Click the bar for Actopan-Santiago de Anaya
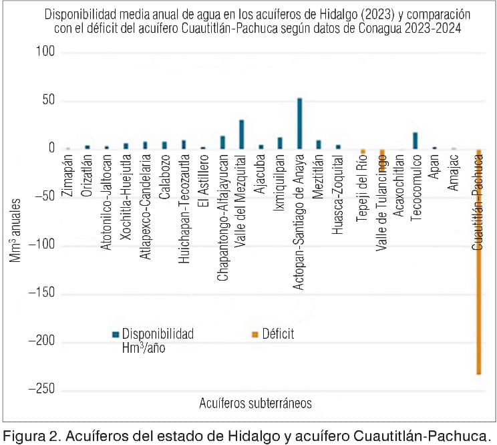299,124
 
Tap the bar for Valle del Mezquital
242,134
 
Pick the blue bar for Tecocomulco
415,141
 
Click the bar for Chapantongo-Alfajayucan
222,142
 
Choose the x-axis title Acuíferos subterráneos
255,404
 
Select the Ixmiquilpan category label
280,182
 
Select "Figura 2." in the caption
31,436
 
